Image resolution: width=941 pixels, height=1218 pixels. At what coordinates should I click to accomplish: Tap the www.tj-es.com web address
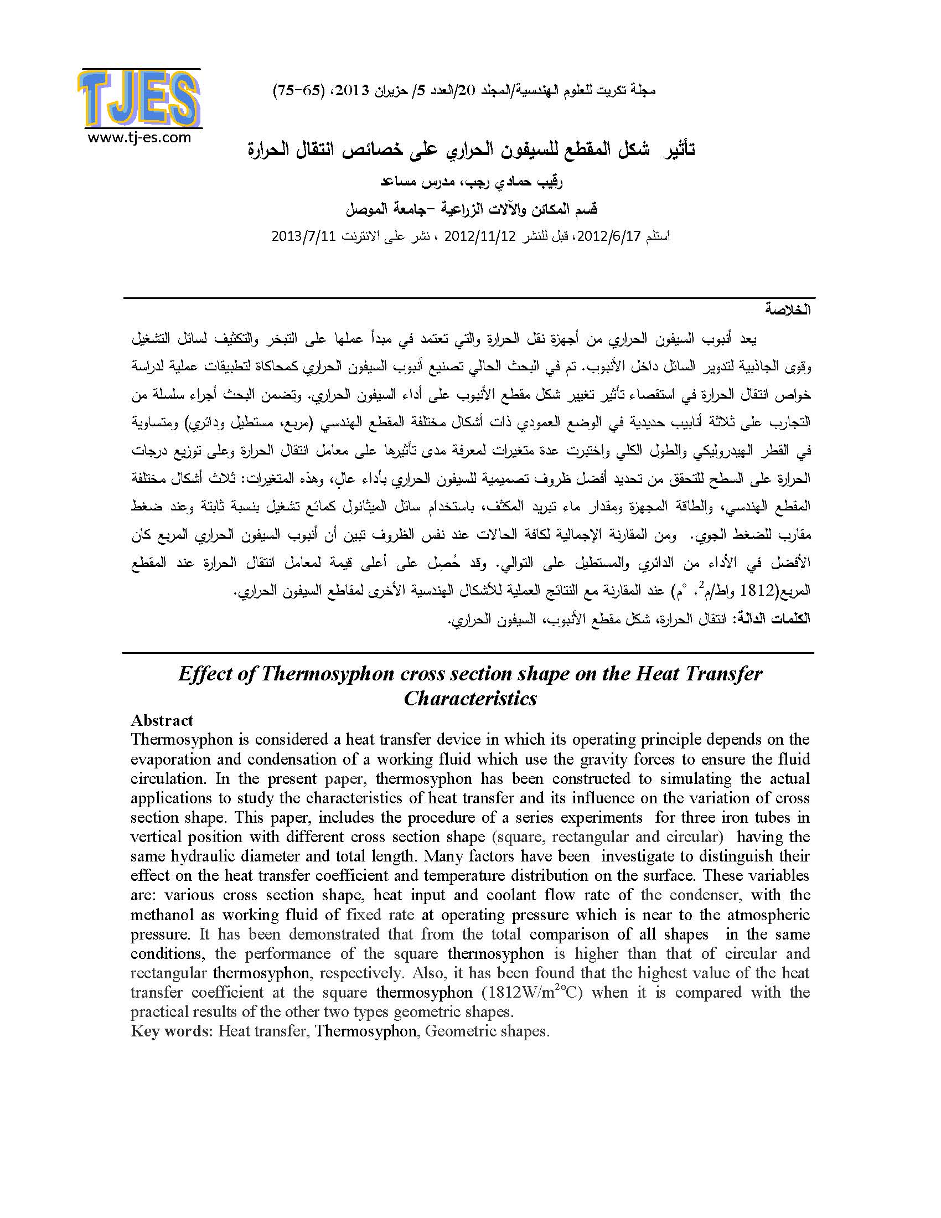tap(139, 138)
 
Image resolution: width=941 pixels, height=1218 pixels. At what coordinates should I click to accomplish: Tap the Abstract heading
tap(162, 720)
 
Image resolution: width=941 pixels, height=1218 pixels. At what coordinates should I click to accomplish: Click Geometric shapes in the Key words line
tap(487, 1031)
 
